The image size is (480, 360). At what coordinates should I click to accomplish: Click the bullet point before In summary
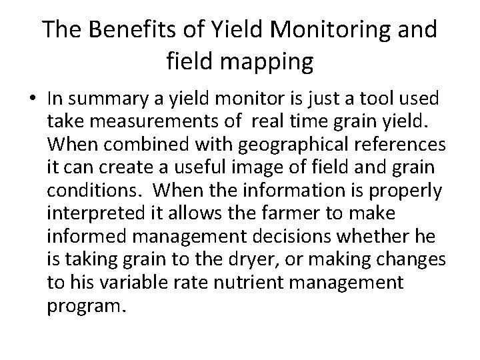tap(35, 99)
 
